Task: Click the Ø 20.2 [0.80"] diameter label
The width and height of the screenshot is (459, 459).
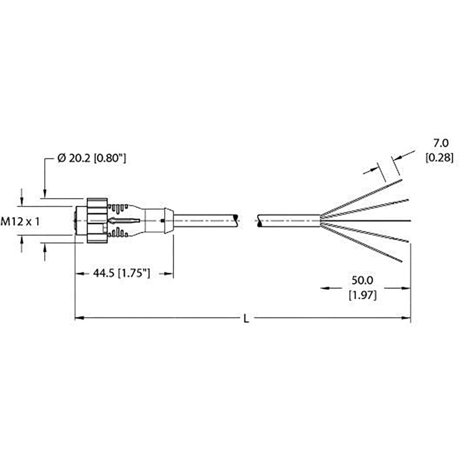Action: tap(92, 158)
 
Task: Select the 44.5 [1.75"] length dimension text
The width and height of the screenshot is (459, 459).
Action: tap(122, 274)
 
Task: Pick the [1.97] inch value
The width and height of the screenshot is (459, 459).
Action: tap(362, 296)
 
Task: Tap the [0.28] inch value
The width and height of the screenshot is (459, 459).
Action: tap(439, 158)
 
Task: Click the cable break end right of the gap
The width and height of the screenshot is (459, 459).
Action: tap(260, 221)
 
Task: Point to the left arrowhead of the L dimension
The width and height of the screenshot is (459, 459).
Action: tap(78, 318)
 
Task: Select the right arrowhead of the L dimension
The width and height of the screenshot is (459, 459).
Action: tap(407, 318)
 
